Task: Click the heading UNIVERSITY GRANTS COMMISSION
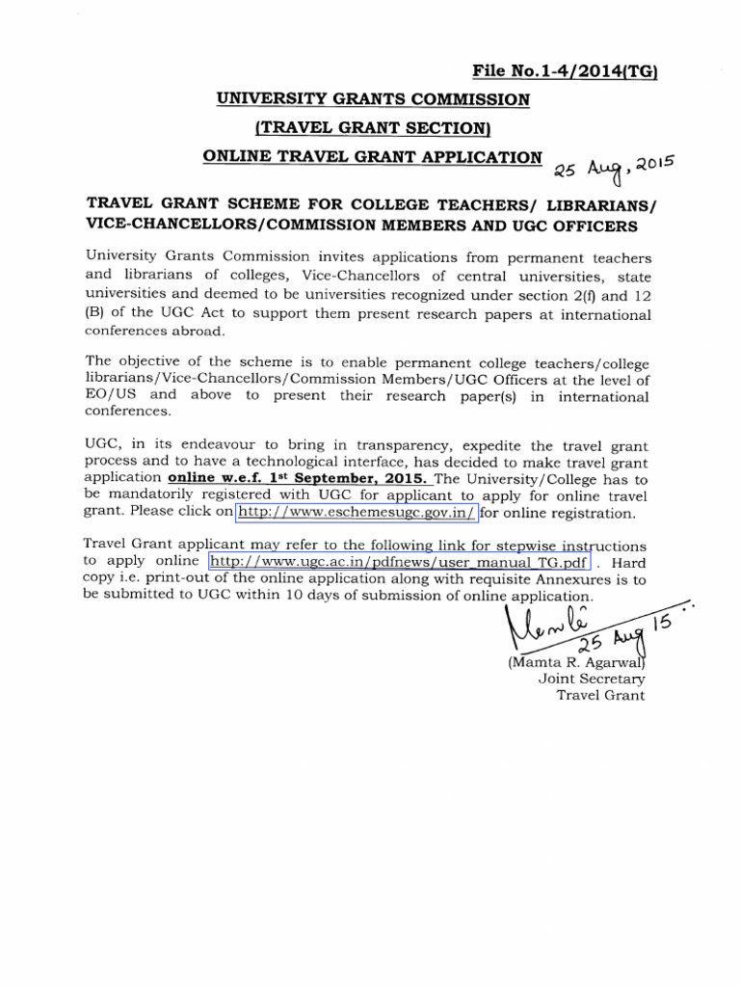(371, 99)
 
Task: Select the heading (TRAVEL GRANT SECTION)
(372, 128)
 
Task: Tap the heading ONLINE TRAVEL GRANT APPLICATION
(371, 157)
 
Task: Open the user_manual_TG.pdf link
(399, 561)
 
